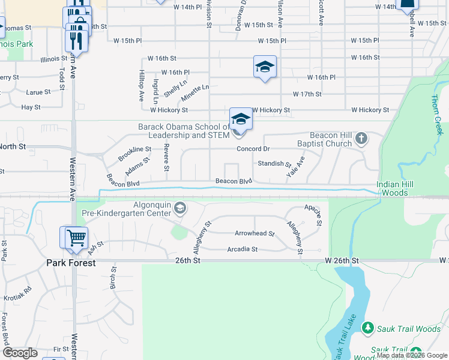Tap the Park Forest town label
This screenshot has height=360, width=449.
coord(71,263)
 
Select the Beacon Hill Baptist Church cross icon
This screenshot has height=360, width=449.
coord(361,139)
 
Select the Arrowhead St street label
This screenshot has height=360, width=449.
coord(255,233)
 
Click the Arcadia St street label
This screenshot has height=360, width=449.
coord(242,249)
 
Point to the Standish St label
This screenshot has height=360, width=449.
coord(274,163)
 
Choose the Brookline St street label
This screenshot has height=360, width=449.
coord(134,149)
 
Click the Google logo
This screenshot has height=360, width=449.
coord(20,352)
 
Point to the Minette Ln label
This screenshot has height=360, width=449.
coord(195,91)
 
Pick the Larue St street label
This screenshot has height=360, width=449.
coord(38,92)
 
